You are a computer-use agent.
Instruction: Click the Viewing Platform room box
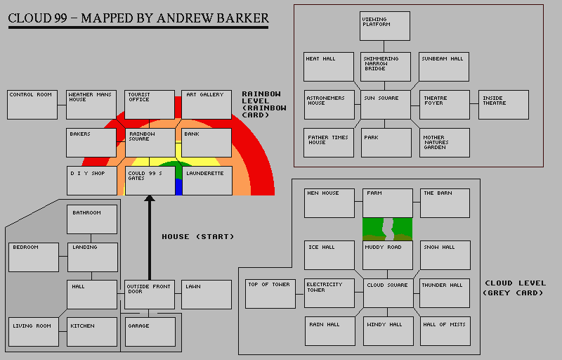click(x=386, y=26)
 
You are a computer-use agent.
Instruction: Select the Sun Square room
click(x=386, y=104)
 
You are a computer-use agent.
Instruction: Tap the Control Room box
click(x=32, y=104)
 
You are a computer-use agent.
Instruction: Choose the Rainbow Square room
click(x=150, y=143)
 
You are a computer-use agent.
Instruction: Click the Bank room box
click(x=207, y=143)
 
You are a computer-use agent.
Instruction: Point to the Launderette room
click(x=207, y=181)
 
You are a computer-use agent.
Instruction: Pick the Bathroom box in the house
click(x=92, y=219)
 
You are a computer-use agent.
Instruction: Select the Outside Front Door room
click(x=149, y=295)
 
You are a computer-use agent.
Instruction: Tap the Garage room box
click(x=150, y=333)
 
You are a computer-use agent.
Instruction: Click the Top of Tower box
click(x=270, y=294)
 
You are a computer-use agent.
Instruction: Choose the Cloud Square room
click(x=388, y=293)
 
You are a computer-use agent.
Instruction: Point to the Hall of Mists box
click(x=445, y=331)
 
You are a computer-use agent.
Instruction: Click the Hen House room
click(x=329, y=202)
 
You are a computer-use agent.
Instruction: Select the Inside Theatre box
click(x=503, y=105)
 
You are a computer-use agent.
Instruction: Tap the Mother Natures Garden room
click(x=444, y=143)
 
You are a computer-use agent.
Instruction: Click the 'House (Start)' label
click(x=198, y=236)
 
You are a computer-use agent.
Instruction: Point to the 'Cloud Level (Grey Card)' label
click(x=514, y=288)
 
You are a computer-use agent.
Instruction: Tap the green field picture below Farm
click(x=387, y=229)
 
